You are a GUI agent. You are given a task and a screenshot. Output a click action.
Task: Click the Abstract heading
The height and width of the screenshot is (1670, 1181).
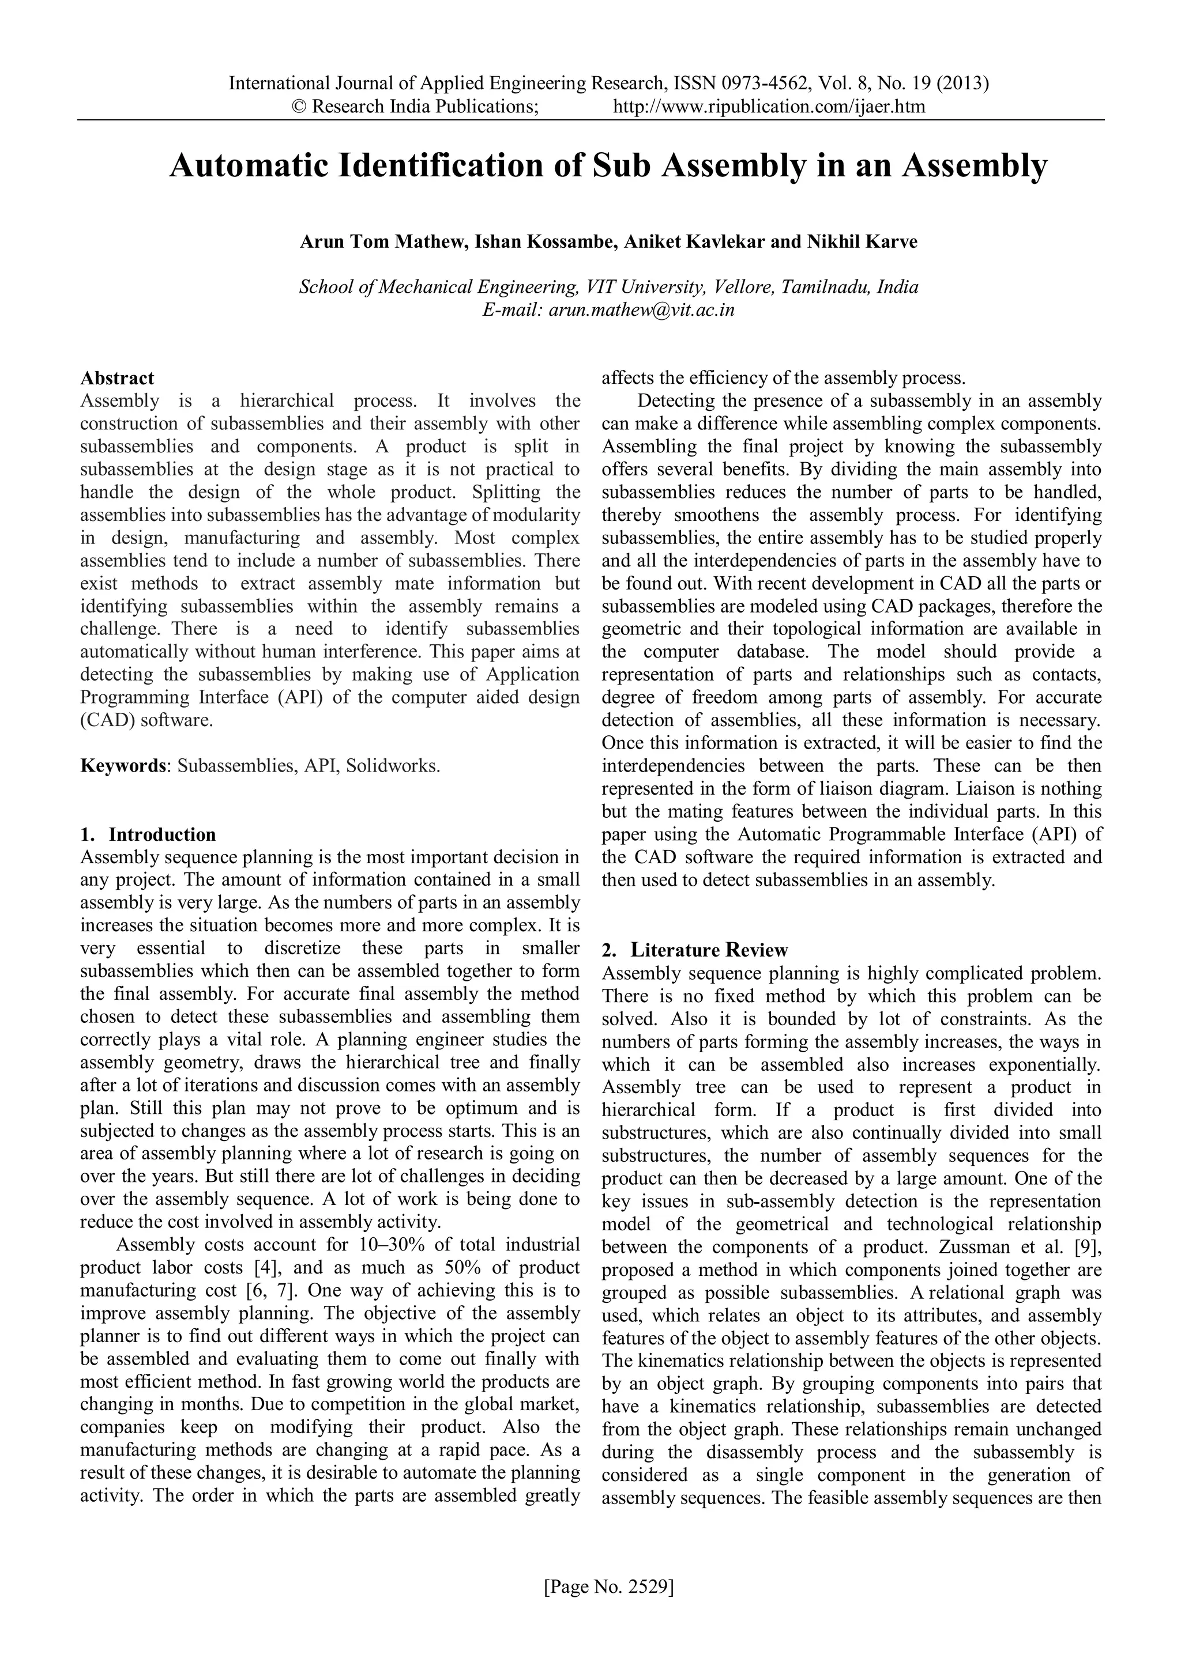(x=117, y=378)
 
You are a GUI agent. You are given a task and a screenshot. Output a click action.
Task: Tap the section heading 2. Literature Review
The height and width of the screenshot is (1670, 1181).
(x=695, y=950)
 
